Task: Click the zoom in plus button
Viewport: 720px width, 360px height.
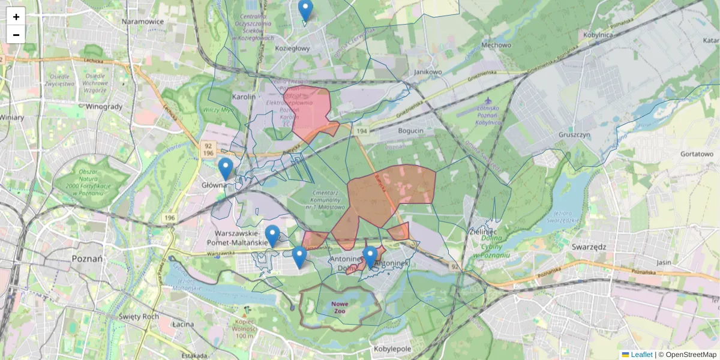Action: pos(16,16)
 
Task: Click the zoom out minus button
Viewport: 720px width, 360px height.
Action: pos(16,35)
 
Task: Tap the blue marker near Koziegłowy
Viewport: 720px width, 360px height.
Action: pos(305,10)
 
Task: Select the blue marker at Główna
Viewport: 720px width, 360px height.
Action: pos(226,169)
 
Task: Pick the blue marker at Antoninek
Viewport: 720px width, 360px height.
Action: pos(370,257)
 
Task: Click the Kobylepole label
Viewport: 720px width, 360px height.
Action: pos(392,349)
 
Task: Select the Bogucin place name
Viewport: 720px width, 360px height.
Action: pos(410,130)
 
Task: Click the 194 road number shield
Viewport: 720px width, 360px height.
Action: pos(361,131)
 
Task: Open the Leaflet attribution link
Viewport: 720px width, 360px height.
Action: pos(641,355)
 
